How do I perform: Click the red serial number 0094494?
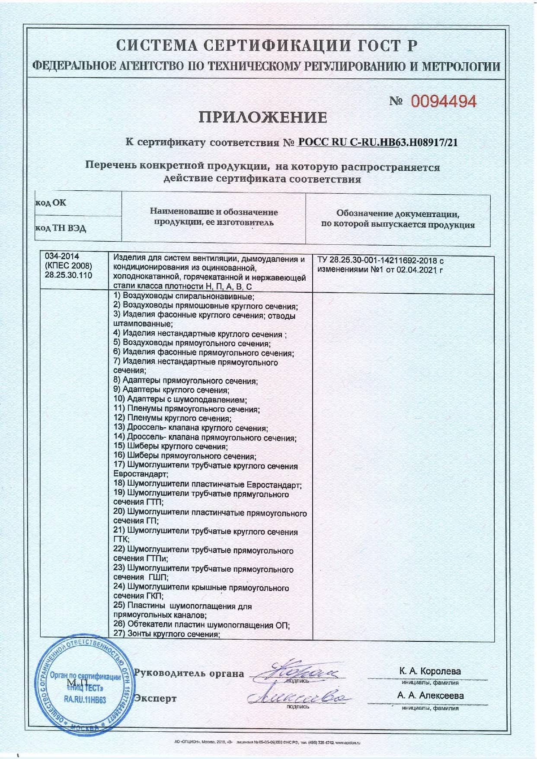(443, 102)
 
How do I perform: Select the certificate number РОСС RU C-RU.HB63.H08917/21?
(377, 142)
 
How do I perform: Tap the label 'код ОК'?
(51, 202)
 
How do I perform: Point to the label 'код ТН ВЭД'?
(61, 228)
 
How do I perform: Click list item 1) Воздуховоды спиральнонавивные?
(184, 296)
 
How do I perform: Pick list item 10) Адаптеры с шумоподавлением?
(180, 400)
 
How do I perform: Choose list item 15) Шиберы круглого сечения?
(171, 446)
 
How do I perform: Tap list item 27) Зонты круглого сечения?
(167, 634)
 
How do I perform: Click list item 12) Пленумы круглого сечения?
(173, 418)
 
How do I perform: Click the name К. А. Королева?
(430, 672)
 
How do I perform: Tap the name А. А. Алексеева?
(431, 695)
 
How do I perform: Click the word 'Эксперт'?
(155, 698)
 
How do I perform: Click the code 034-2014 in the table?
(62, 256)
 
